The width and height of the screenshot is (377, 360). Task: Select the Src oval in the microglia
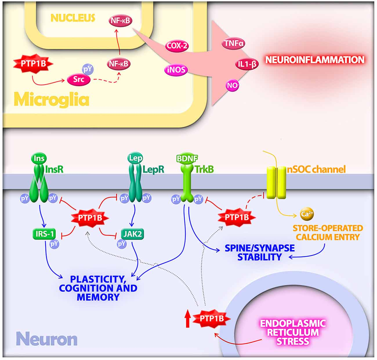[x=79, y=79]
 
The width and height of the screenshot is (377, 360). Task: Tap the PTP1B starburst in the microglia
[x=33, y=64]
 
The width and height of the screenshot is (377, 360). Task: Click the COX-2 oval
[x=177, y=46]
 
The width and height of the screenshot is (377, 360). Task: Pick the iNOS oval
[x=176, y=69]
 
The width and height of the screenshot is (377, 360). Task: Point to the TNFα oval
[x=233, y=43]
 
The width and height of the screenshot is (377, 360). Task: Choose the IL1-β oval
[x=246, y=65]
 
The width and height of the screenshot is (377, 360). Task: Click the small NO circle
[x=232, y=85]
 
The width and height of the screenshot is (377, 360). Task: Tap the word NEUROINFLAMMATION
[x=315, y=60]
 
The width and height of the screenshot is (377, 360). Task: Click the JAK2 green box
[x=132, y=234]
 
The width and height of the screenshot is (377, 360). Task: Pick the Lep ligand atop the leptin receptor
[x=135, y=158]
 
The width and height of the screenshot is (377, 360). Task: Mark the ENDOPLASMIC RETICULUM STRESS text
[x=292, y=332]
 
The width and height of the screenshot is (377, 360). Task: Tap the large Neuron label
[x=46, y=339]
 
